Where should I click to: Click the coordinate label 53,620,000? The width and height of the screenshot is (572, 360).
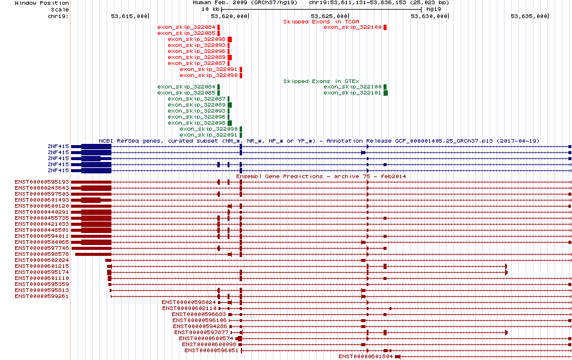pyautogui.click(x=229, y=16)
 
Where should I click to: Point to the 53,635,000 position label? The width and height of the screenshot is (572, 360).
pyautogui.click(x=529, y=16)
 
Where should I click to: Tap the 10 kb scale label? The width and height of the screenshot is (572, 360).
pyautogui.click(x=211, y=9)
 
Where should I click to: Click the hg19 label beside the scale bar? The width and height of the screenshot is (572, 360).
pyautogui.click(x=434, y=9)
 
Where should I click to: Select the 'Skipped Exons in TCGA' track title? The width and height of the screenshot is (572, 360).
pyautogui.click(x=322, y=22)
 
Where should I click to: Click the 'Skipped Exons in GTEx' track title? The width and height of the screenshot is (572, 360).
pyautogui.click(x=322, y=81)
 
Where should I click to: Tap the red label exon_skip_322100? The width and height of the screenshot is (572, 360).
pyautogui.click(x=352, y=27)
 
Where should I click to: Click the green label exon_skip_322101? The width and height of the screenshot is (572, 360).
pyautogui.click(x=352, y=93)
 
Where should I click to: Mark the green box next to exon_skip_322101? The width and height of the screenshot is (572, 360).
pyautogui.click(x=385, y=93)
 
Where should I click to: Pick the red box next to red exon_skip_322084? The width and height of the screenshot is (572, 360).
pyautogui.click(x=219, y=27)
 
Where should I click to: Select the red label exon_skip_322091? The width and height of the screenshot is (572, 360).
pyautogui.click(x=209, y=69)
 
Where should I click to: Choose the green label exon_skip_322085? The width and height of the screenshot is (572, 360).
pyautogui.click(x=187, y=93)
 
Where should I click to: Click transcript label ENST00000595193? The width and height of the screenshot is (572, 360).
pyautogui.click(x=42, y=182)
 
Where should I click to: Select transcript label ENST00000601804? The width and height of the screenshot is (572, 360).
pyautogui.click(x=366, y=356)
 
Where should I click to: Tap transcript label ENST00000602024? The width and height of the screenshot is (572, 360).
pyautogui.click(x=42, y=260)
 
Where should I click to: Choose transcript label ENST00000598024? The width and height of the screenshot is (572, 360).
pyautogui.click(x=189, y=302)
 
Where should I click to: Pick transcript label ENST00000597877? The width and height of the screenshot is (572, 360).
pyautogui.click(x=201, y=332)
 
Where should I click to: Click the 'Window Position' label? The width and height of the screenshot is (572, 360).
pyautogui.click(x=42, y=3)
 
